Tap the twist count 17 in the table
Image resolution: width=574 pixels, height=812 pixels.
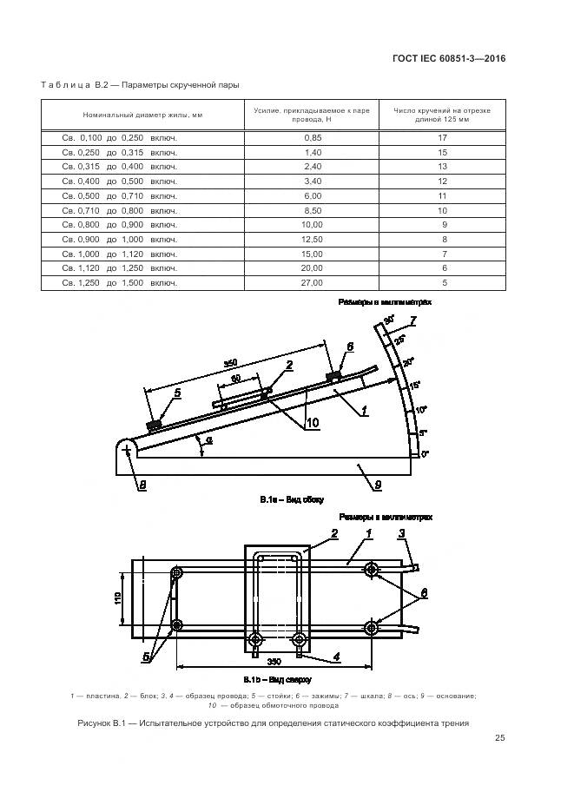click(442, 138)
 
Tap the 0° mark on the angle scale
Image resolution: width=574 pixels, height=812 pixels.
click(425, 453)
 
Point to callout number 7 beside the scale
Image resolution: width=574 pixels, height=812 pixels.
click(413, 321)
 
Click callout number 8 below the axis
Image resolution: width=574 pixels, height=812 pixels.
click(143, 485)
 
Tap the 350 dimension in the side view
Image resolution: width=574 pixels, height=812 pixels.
click(230, 362)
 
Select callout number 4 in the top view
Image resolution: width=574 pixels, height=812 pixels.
click(336, 656)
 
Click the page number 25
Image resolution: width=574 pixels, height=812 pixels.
click(500, 738)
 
